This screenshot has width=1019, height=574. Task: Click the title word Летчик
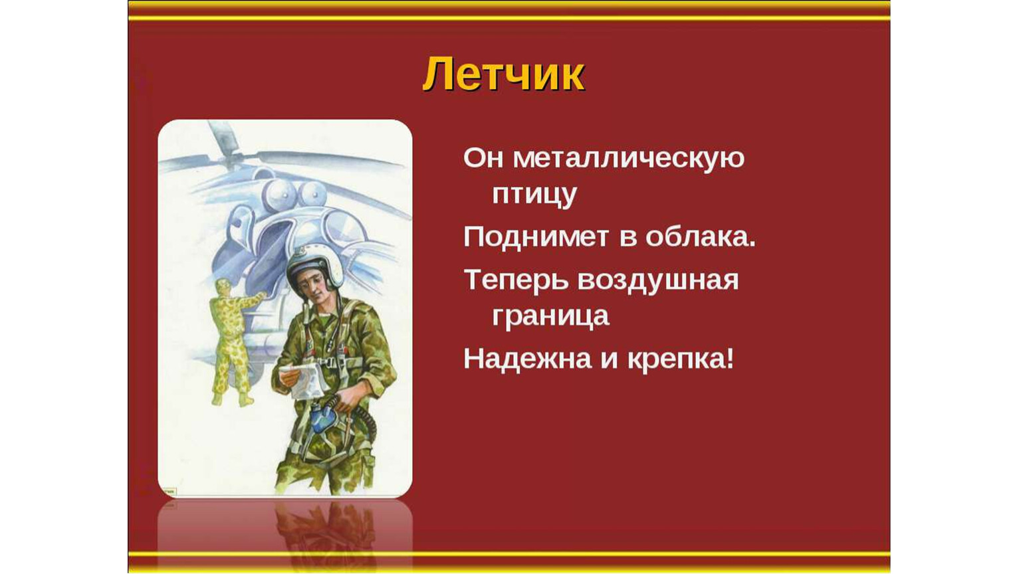pyautogui.click(x=504, y=74)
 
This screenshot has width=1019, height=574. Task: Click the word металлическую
pyautogui.click(x=629, y=158)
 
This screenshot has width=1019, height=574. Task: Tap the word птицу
pyautogui.click(x=534, y=195)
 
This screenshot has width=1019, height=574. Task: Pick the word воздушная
pyautogui.click(x=658, y=280)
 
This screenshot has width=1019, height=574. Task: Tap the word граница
pyautogui.click(x=550, y=316)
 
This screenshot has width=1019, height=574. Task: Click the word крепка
pyautogui.click(x=677, y=360)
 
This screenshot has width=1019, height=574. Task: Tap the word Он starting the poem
pyautogui.click(x=483, y=158)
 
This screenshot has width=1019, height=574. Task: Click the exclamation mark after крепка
pyautogui.click(x=731, y=358)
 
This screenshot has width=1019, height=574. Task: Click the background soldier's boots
pyautogui.click(x=233, y=399)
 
